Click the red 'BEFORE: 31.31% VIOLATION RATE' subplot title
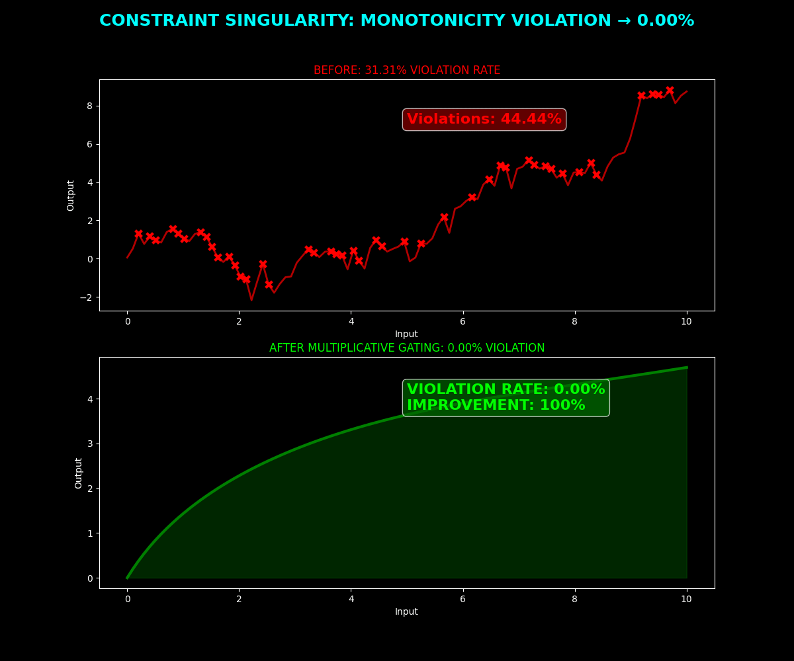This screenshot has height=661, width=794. pyautogui.click(x=407, y=70)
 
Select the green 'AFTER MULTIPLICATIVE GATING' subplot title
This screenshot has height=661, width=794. pyautogui.click(x=407, y=348)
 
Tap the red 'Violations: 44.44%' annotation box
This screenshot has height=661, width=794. pyautogui.click(x=484, y=120)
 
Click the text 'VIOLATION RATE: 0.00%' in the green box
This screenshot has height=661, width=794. pyautogui.click(x=506, y=390)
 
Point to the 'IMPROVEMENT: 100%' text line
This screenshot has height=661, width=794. pyautogui.click(x=496, y=406)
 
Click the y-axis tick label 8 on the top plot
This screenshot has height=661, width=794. pyautogui.click(x=89, y=106)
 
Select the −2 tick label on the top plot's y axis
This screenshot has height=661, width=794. pyautogui.click(x=87, y=297)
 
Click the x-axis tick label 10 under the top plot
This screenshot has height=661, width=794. pyautogui.click(x=686, y=322)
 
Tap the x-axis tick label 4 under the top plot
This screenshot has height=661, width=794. pyautogui.click(x=351, y=322)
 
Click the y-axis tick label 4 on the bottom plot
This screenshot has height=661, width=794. pyautogui.click(x=89, y=399)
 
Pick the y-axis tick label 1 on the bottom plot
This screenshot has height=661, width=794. pyautogui.click(x=89, y=533)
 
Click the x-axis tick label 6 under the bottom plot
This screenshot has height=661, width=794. pyautogui.click(x=463, y=600)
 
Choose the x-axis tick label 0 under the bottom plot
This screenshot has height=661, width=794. pyautogui.click(x=127, y=600)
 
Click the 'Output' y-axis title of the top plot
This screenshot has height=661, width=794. pyautogui.click(x=71, y=195)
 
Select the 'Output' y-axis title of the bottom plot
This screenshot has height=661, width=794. pyautogui.click(x=79, y=473)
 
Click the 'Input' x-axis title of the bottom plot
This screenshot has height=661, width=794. pyautogui.click(x=406, y=612)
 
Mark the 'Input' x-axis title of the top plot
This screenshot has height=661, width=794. pyautogui.click(x=406, y=334)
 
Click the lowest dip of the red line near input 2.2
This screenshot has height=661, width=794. pyautogui.click(x=251, y=300)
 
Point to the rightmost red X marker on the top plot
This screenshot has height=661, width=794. pyautogui.click(x=670, y=91)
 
